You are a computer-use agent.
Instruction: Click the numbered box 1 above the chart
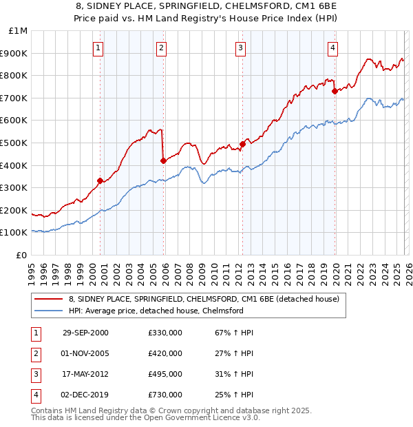click(x=99, y=48)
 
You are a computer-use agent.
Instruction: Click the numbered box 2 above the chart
click(x=161, y=48)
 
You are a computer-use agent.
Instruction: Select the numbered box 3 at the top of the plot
click(x=240, y=48)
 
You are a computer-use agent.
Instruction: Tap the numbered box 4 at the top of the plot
click(x=332, y=48)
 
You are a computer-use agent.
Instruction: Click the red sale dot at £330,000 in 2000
click(x=100, y=181)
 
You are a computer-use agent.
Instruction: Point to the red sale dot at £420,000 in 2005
click(x=163, y=160)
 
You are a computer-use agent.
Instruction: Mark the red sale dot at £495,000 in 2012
click(x=242, y=144)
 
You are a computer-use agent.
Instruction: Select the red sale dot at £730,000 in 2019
click(x=335, y=91)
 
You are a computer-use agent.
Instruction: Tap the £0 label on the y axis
click(x=21, y=255)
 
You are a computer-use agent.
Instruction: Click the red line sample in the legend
click(x=48, y=300)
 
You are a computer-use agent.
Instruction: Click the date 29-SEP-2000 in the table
click(x=85, y=333)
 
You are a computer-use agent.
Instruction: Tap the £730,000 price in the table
click(x=165, y=395)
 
